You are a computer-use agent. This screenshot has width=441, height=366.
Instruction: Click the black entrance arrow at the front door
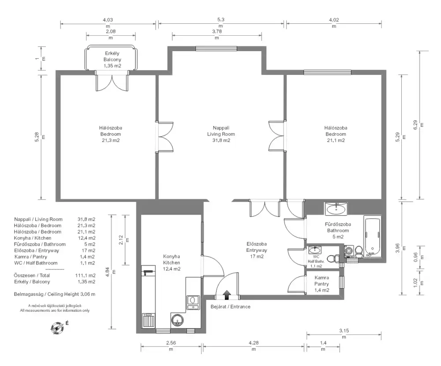click(227, 295)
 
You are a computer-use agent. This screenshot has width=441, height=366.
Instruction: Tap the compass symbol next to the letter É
click(57, 328)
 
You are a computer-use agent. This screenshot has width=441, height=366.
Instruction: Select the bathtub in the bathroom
click(373, 236)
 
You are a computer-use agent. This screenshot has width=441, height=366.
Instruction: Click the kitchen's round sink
click(177, 320)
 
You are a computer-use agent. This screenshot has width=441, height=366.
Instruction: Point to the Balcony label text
click(112, 60)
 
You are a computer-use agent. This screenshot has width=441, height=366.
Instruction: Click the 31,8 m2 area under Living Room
click(221, 140)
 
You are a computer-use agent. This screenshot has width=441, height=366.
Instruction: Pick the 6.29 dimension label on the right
click(415, 125)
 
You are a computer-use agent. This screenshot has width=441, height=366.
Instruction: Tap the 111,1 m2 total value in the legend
click(85, 276)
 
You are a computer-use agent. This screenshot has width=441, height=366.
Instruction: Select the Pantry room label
click(322, 284)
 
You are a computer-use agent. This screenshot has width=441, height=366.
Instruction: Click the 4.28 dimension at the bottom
click(254, 343)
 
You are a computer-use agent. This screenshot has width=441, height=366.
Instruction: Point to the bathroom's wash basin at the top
click(336, 209)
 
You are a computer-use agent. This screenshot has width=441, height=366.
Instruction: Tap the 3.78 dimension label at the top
click(217, 31)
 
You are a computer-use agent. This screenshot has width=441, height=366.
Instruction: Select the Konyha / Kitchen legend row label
click(33, 238)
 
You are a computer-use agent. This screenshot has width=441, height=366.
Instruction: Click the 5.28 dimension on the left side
click(37, 137)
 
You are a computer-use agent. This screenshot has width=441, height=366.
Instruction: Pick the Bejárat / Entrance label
click(230, 306)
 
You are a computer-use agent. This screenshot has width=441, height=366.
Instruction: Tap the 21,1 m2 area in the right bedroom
click(336, 140)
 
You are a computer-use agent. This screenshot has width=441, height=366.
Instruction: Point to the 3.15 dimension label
click(344, 331)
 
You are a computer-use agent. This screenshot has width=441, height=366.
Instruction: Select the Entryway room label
click(257, 250)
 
